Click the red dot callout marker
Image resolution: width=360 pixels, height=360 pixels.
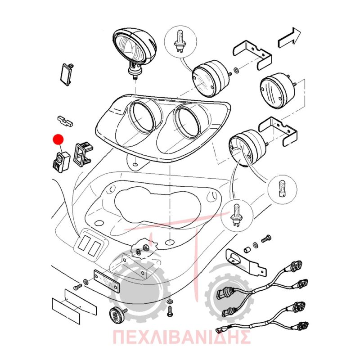click(x=58, y=140)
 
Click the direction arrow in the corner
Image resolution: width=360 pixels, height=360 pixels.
click(x=289, y=38)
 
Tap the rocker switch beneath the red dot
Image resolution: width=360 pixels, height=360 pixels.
click(x=61, y=162)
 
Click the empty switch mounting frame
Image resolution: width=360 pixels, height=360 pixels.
click(x=82, y=153)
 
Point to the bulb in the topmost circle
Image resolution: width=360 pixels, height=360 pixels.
click(x=180, y=43)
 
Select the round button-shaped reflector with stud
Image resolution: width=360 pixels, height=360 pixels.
click(x=117, y=314)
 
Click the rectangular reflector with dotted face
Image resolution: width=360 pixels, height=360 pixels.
click(x=107, y=282)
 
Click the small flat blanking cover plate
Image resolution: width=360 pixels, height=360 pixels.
click(x=67, y=74)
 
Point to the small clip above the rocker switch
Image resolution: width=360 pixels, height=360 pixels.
click(x=65, y=121)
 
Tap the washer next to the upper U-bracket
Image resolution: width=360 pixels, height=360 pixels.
click(x=236, y=70)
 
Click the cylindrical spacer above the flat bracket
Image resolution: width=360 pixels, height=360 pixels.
click(x=247, y=249)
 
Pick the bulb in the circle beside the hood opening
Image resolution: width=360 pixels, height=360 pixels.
click(x=236, y=215)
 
